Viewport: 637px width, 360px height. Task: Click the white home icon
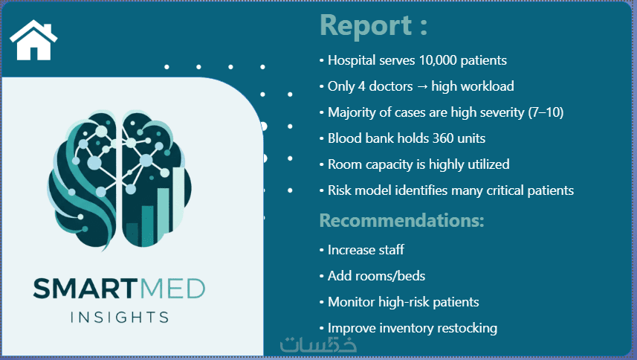pyautogui.click(x=33, y=40)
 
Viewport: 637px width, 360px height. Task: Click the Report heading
pyautogui.click(x=373, y=25)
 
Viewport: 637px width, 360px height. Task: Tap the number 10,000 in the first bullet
pyautogui.click(x=438, y=60)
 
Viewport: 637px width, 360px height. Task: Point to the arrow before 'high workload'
pyautogui.click(x=422, y=86)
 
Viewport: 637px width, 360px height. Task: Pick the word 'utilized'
pyautogui.click(x=489, y=164)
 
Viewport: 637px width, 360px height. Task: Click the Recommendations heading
pyautogui.click(x=402, y=220)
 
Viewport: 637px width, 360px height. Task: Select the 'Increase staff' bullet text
pyautogui.click(x=366, y=250)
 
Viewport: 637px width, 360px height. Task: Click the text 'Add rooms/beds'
pyautogui.click(x=376, y=276)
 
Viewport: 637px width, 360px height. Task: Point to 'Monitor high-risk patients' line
pyautogui.click(x=403, y=302)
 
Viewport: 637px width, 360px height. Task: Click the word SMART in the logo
pyautogui.click(x=85, y=289)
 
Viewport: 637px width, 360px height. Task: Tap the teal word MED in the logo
pyautogui.click(x=172, y=289)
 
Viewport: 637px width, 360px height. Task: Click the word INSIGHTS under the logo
pyautogui.click(x=120, y=318)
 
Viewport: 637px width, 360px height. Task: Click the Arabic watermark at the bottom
pyautogui.click(x=318, y=344)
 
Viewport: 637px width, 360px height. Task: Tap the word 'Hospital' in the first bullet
pyautogui.click(x=352, y=60)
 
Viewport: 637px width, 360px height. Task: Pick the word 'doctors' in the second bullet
pyautogui.click(x=391, y=86)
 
